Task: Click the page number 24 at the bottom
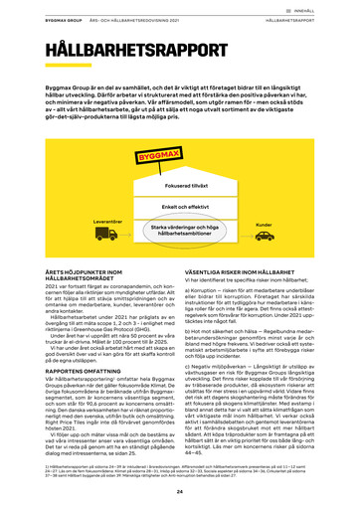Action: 180,492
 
